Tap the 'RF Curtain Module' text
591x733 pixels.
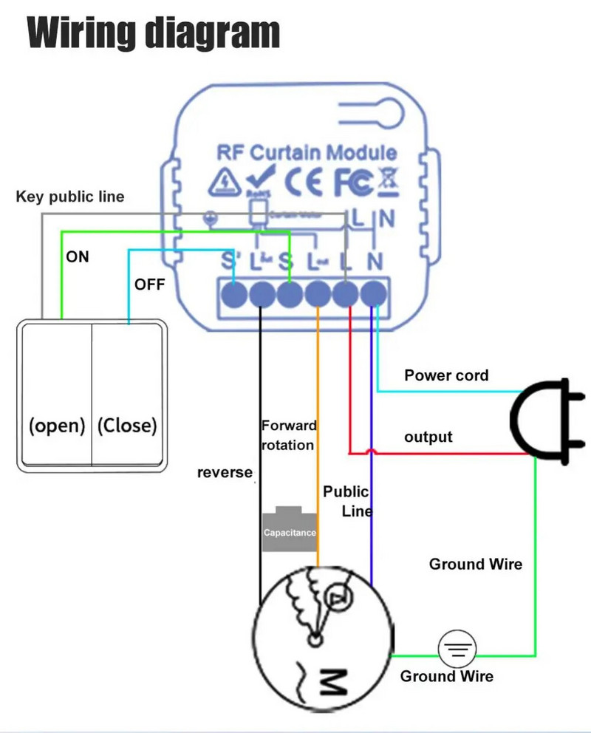tap(306, 153)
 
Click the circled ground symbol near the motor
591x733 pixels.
tap(457, 650)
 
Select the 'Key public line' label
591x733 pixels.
tap(70, 197)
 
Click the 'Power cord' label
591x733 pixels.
tap(446, 375)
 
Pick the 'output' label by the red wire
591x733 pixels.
tap(428, 437)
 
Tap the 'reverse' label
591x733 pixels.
tap(225, 472)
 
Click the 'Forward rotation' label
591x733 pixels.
tap(289, 435)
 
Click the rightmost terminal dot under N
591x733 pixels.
tap(375, 294)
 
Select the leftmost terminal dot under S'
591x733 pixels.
tap(233, 295)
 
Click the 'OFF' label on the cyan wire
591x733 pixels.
tap(149, 284)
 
